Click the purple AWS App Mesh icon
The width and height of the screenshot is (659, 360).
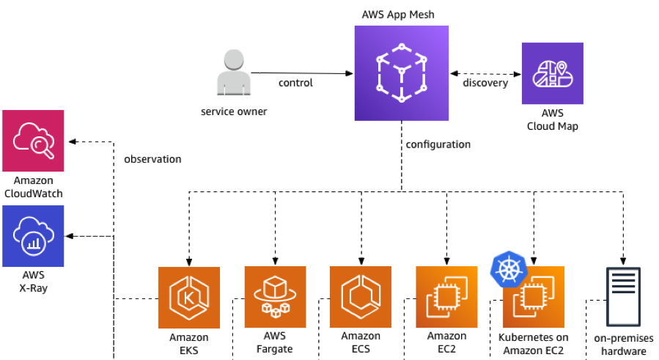tap(401, 73)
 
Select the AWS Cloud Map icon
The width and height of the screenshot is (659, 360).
tap(552, 73)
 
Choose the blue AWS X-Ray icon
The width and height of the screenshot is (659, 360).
tap(33, 236)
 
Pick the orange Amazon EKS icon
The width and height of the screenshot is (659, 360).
tap(189, 297)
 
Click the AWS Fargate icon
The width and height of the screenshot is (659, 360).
tap(275, 297)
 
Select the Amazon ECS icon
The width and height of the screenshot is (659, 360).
tap(361, 297)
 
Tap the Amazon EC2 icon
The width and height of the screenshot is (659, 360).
tap(446, 297)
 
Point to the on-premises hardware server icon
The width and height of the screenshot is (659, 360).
tap(623, 298)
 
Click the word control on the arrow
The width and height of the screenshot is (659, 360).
tap(295, 83)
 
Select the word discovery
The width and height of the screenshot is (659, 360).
tap(485, 83)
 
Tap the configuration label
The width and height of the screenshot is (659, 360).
tap(438, 144)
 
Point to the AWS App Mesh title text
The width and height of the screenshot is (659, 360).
tap(400, 15)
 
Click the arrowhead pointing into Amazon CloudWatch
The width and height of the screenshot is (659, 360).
tap(70, 141)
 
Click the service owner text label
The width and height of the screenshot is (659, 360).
tap(234, 112)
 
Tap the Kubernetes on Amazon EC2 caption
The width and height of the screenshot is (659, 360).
tap(533, 344)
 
